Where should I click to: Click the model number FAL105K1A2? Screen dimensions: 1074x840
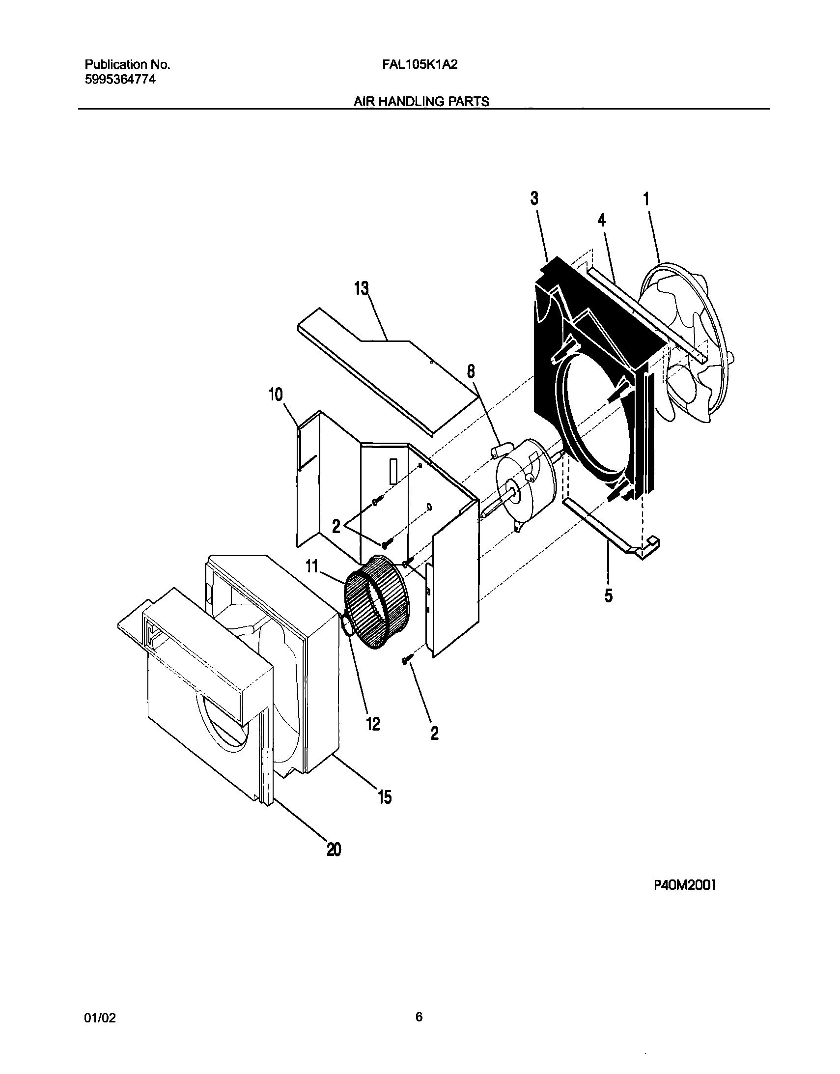click(x=420, y=64)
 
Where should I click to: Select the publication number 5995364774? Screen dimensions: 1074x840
click(x=120, y=79)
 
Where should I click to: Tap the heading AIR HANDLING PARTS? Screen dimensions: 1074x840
click(x=421, y=102)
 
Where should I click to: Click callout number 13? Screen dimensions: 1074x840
click(x=362, y=289)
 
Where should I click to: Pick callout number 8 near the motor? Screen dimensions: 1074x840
click(x=471, y=372)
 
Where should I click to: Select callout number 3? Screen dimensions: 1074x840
click(x=534, y=198)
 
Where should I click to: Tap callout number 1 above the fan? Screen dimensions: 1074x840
click(x=646, y=199)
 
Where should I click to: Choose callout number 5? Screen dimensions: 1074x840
click(x=609, y=596)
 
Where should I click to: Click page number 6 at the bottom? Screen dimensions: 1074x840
click(x=419, y=1017)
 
